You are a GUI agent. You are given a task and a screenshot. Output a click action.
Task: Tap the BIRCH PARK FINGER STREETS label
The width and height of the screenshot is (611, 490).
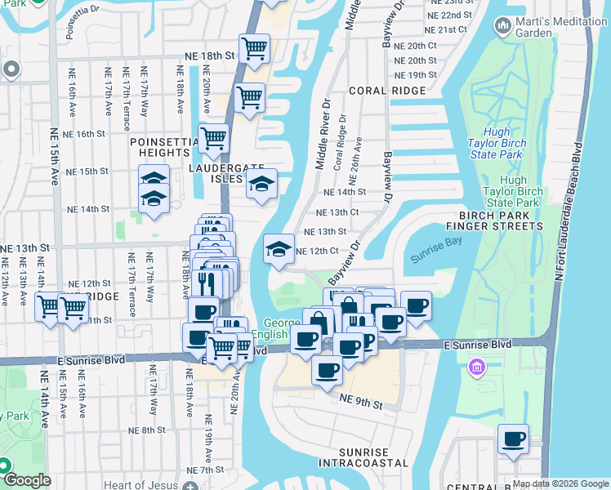coord(495,220)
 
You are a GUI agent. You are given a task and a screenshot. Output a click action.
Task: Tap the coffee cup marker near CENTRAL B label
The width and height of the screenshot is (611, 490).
coord(513,439)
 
